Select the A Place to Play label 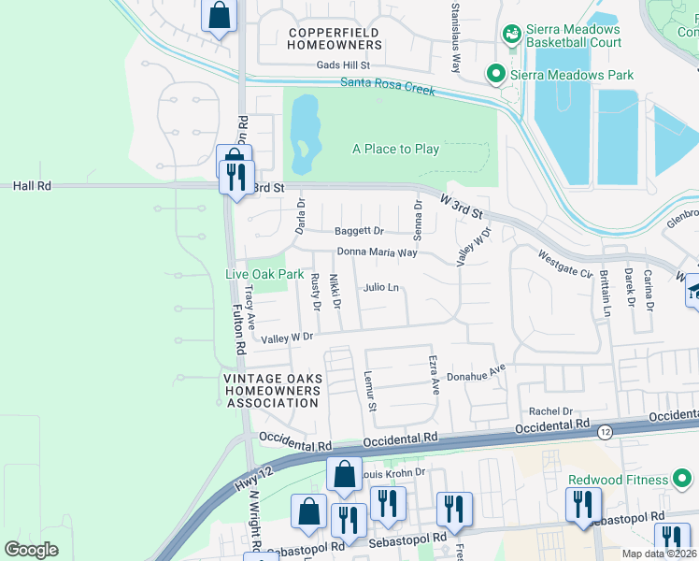[x=395, y=149]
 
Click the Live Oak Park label [x=264, y=274]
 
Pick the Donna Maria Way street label [x=377, y=252]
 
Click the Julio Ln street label [x=381, y=288]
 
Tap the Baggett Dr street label [x=359, y=231]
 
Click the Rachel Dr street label [x=550, y=411]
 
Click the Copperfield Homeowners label [x=335, y=38]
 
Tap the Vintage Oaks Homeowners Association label [x=272, y=391]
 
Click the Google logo [x=31, y=549]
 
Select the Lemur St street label [x=370, y=390]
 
